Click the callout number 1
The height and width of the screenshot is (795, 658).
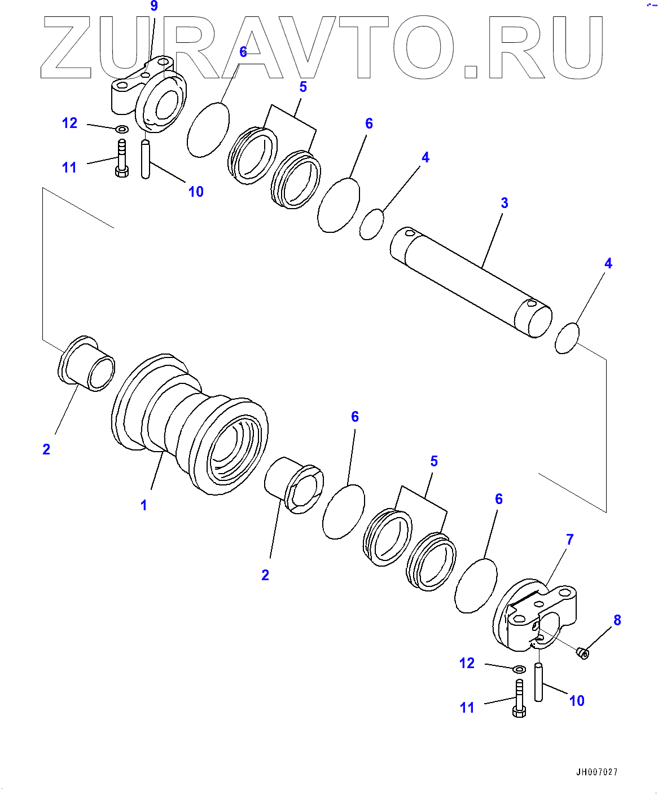144,505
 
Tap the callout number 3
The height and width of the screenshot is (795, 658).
505,203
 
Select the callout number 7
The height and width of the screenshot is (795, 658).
570,540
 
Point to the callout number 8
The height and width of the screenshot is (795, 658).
617,620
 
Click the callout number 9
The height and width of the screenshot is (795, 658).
153,6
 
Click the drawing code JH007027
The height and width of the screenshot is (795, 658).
596,772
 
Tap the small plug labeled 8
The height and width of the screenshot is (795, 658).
583,653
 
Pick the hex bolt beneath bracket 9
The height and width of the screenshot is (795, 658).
122,160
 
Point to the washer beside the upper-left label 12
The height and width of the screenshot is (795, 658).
121,129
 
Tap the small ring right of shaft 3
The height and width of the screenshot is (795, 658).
567,338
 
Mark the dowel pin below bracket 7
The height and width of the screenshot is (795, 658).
538,682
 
